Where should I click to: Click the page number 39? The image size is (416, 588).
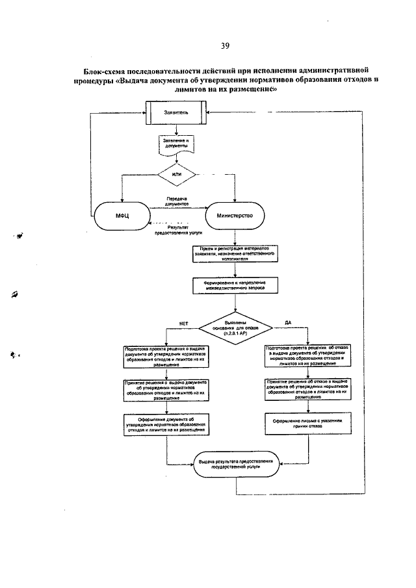tap(225, 45)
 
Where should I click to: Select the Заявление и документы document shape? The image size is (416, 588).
tap(176, 144)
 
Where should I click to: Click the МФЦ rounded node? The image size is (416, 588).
tap(123, 214)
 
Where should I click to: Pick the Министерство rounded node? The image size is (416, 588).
tap(234, 214)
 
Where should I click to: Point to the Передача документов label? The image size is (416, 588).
tap(177, 201)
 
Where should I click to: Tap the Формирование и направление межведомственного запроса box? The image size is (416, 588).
tap(234, 285)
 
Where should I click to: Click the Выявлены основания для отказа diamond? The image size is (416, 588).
tap(234, 325)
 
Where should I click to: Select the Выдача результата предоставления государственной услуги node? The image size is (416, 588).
tap(234, 464)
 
